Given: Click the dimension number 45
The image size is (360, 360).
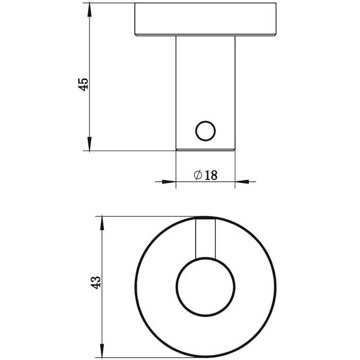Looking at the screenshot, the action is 83,84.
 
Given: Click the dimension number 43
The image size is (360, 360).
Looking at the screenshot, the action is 95,282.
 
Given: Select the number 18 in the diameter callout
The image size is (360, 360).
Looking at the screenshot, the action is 211,175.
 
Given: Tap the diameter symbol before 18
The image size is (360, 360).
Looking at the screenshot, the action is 198,175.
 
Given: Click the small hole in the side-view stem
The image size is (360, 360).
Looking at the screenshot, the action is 206,131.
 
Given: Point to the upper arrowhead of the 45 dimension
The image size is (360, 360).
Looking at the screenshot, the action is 89,10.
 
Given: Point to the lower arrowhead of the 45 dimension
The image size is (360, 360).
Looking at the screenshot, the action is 89,144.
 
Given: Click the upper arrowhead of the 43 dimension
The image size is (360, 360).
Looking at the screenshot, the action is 102,223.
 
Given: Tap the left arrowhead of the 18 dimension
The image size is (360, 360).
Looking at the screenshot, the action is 169,182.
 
